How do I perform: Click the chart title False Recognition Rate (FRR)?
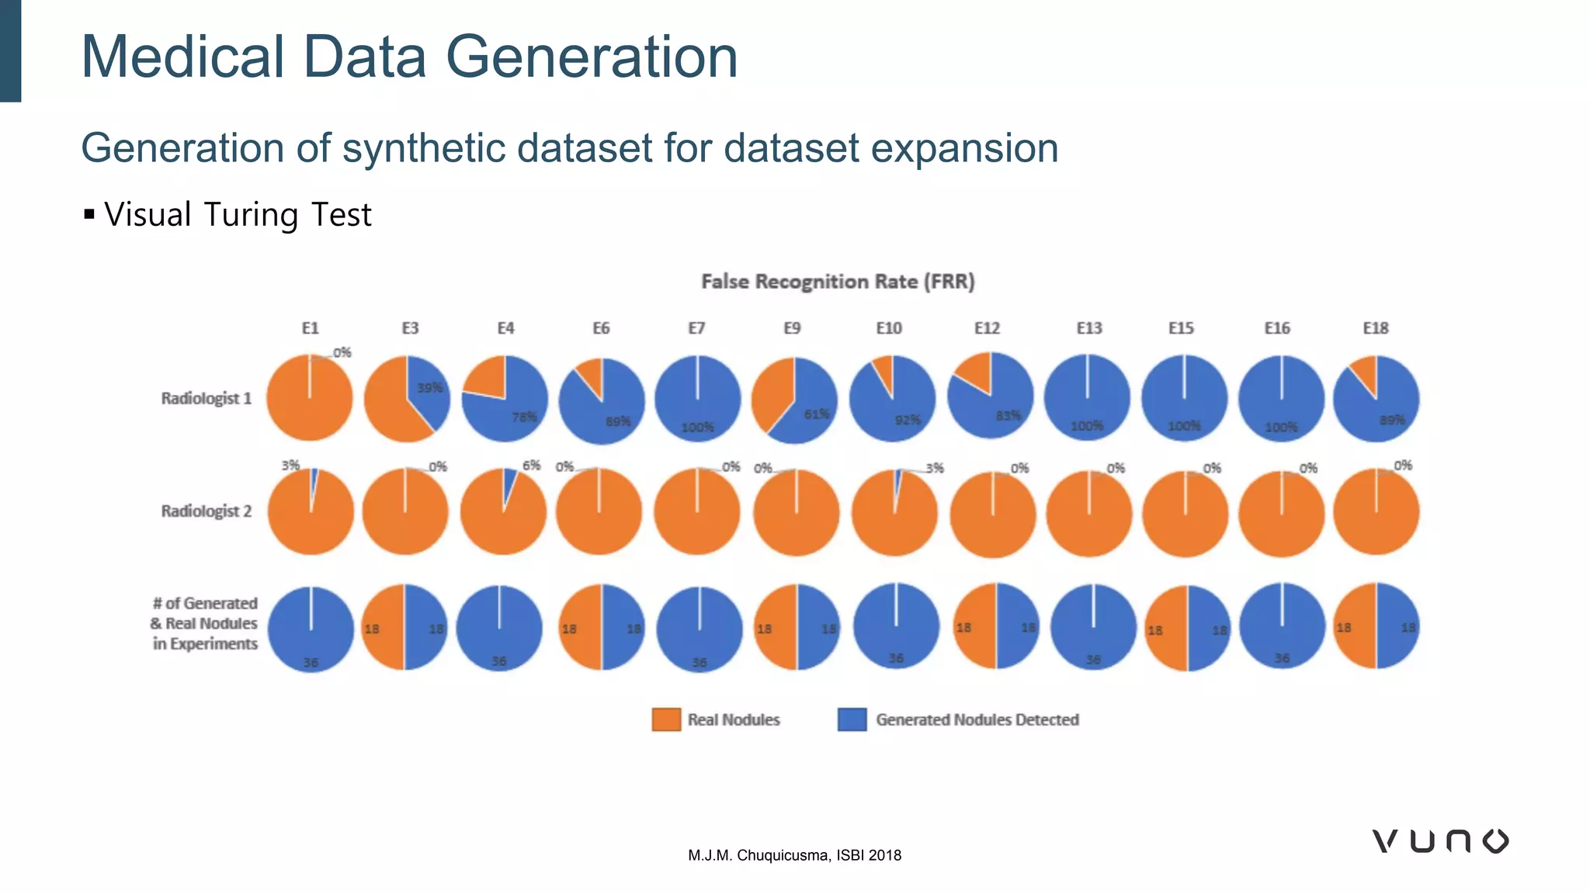point(837,282)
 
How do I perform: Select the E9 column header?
point(791,328)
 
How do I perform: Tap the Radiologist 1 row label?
point(206,398)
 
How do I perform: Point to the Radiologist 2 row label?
point(206,511)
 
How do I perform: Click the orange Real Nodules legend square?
point(666,719)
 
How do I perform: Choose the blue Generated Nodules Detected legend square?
point(852,719)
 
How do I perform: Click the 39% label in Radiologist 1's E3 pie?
point(429,387)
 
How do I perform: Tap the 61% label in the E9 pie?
point(816,414)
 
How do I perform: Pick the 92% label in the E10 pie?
point(907,420)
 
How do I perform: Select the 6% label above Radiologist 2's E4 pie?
point(531,466)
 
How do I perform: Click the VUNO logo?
point(1440,841)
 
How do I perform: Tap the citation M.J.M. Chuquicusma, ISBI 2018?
point(794,855)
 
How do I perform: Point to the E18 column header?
point(1375,328)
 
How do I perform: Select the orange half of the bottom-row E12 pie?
point(974,625)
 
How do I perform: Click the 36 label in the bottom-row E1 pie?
point(311,662)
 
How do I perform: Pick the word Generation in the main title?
point(591,57)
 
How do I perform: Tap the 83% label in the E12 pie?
point(1008,416)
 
